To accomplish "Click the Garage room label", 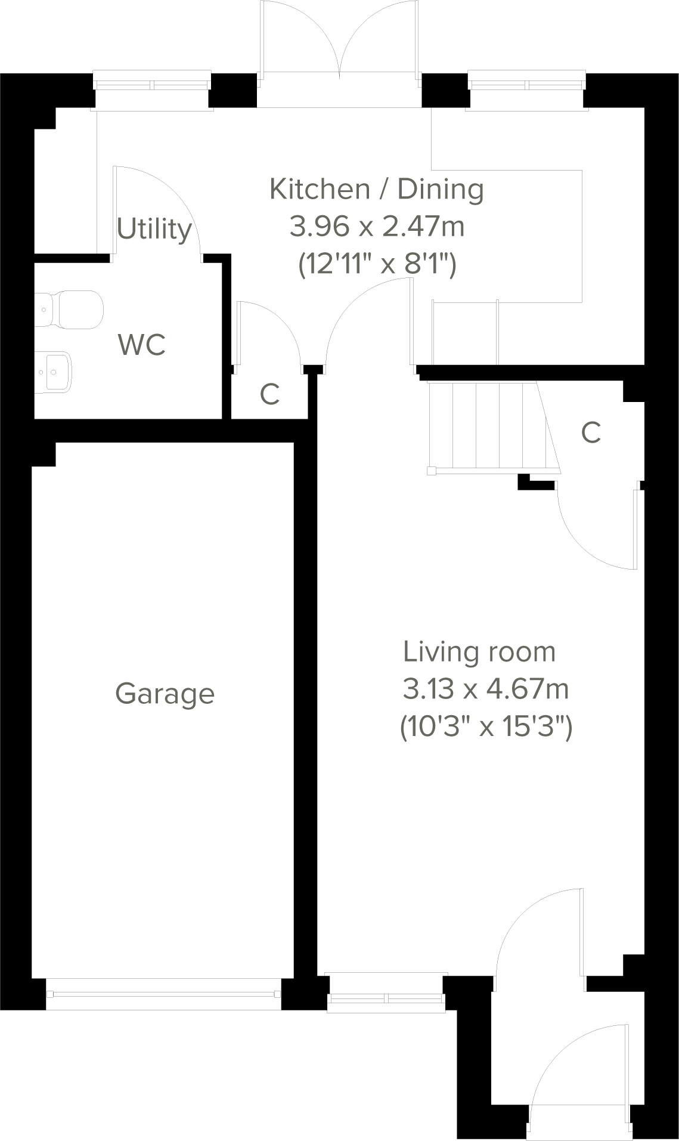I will (x=165, y=694).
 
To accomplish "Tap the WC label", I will (x=142, y=345).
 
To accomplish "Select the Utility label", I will (x=154, y=229).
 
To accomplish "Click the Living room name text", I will (x=479, y=651).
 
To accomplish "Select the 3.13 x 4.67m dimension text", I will (x=485, y=689).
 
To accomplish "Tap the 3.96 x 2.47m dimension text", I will (x=377, y=227).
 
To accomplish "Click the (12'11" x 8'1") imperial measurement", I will (x=377, y=264).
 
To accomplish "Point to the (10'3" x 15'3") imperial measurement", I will (x=485, y=727).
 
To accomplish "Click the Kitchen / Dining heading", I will (x=377, y=189).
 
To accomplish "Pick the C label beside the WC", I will (x=270, y=394).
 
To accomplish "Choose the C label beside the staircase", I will (x=591, y=433).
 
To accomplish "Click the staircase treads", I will (x=489, y=426).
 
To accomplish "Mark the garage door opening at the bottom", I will (x=164, y=994).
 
